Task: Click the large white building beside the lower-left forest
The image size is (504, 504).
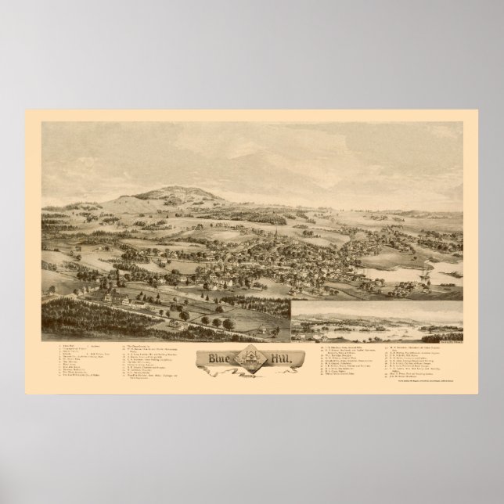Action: [x=121, y=295]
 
